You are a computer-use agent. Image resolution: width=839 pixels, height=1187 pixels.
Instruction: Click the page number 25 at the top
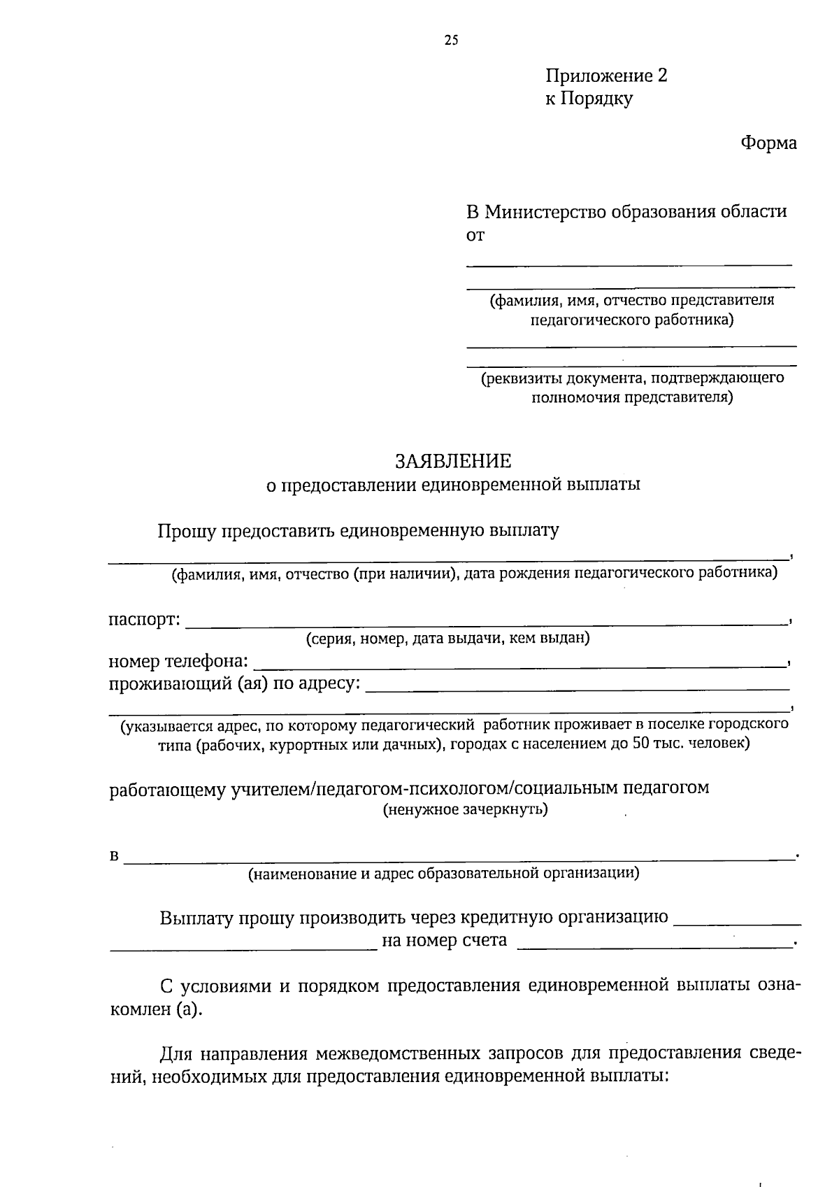451,41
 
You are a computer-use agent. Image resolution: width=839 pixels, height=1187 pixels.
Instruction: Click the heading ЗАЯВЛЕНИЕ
453,462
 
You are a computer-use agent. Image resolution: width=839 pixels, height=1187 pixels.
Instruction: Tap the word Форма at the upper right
768,143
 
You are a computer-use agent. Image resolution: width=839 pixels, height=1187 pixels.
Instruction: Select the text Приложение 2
606,76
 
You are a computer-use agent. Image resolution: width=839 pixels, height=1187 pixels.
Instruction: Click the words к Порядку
589,99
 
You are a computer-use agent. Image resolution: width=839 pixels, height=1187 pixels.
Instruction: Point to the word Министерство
545,211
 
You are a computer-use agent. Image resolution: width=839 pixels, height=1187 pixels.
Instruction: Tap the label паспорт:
145,620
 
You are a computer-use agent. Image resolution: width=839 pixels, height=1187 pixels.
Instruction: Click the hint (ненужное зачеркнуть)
465,810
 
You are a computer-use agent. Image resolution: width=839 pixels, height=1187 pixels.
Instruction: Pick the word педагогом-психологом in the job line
413,789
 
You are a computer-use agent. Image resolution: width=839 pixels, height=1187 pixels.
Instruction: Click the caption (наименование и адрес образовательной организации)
444,874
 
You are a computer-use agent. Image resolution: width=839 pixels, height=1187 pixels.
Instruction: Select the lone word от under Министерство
475,236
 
